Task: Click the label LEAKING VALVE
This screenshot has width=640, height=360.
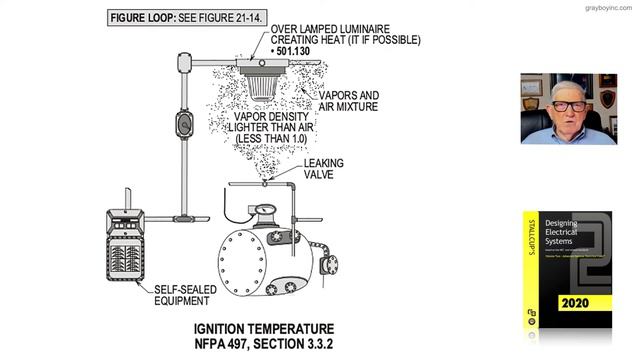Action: coord(326,169)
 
